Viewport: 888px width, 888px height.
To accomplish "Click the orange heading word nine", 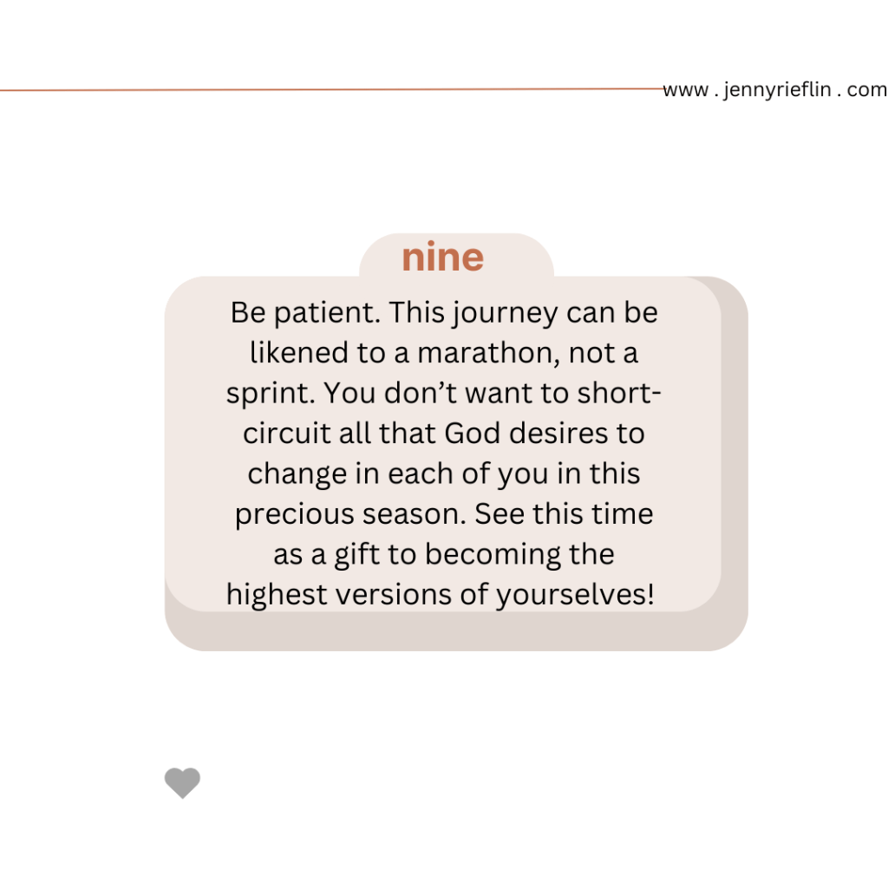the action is pos(443,258).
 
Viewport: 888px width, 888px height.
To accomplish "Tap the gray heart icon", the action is pos(182,783).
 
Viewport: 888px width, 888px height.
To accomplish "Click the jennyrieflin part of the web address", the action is pos(777,90).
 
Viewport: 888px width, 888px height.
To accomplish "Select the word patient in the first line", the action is pos(327,313).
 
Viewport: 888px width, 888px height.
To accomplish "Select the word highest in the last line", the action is pos(277,595).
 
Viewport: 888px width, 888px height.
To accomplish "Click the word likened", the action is pos(299,353).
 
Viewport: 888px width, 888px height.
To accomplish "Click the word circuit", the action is pos(286,434).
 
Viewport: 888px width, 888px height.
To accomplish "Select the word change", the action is pos(297,474).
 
